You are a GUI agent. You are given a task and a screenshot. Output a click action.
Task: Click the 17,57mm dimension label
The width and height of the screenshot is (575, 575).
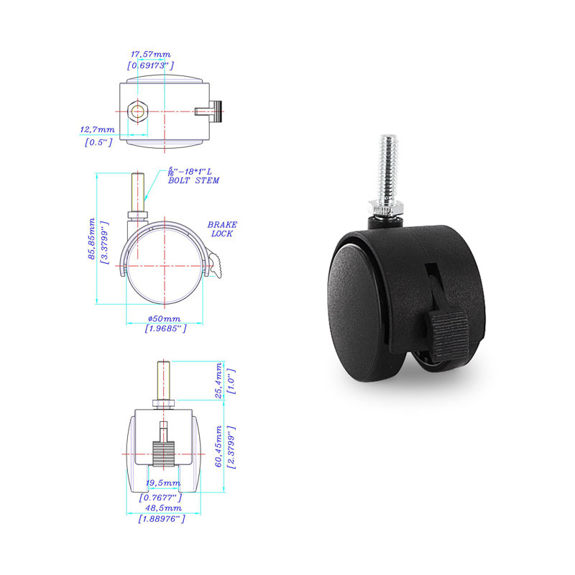(151, 55)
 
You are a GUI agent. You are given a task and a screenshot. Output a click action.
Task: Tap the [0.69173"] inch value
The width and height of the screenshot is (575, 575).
(150, 65)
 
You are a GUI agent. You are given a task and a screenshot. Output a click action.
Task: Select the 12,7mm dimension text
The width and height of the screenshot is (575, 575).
(97, 129)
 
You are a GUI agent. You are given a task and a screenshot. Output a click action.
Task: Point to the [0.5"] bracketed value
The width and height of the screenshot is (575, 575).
(98, 142)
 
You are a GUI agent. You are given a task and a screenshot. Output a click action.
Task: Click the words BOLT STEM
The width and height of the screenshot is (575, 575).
(193, 180)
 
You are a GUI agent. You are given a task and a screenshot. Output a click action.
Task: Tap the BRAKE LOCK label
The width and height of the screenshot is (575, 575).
(222, 229)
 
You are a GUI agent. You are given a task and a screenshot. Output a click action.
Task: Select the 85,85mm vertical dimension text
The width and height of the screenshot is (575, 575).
(91, 239)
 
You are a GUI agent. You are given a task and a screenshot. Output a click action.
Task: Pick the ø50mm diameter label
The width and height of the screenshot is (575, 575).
(165, 318)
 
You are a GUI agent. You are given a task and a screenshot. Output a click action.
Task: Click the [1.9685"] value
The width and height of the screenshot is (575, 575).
(165, 328)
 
